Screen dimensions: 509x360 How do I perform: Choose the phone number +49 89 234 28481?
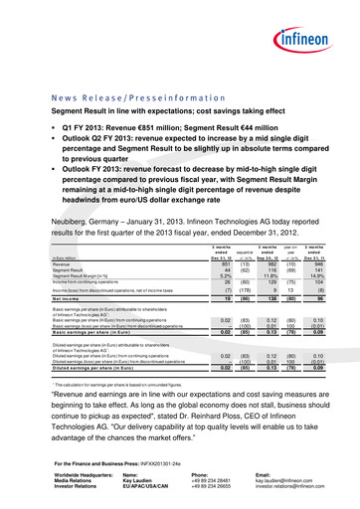211,475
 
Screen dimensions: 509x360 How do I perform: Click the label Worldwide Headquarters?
78,469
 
